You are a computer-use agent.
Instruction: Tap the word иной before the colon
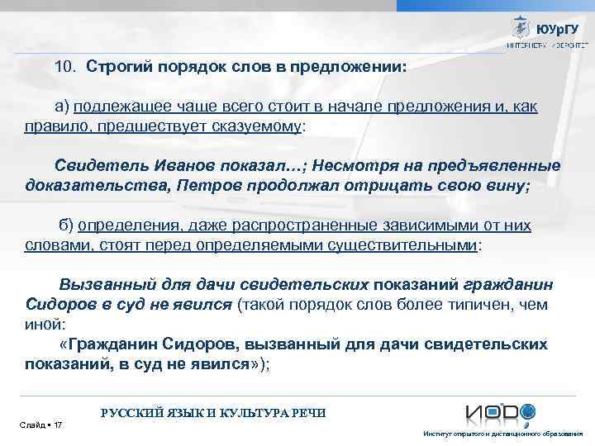tap(42, 325)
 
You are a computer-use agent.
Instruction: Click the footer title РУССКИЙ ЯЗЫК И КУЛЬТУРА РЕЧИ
tap(212, 412)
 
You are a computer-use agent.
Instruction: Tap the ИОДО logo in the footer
tap(500, 414)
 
